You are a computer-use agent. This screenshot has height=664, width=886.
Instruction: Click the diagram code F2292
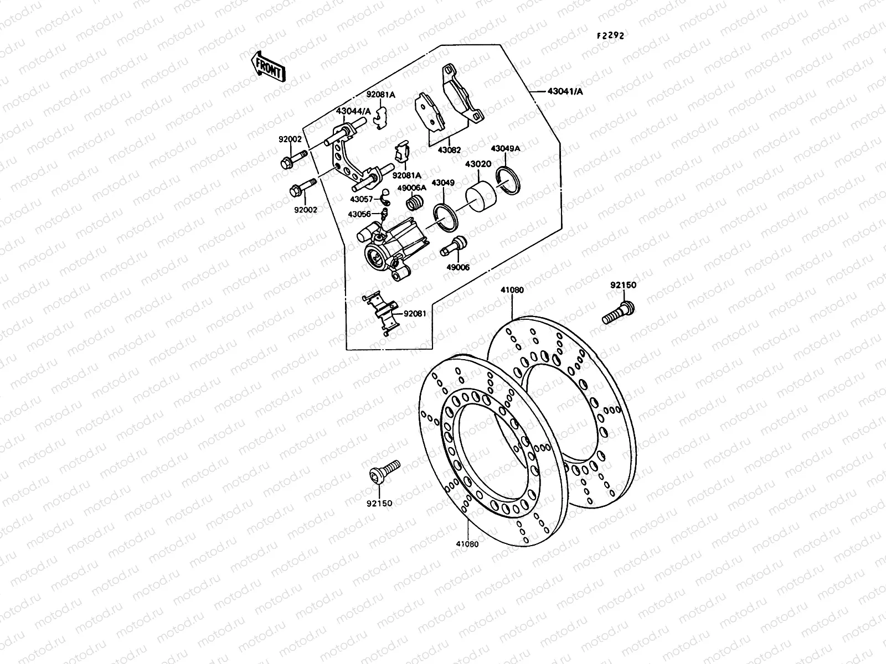[x=610, y=35]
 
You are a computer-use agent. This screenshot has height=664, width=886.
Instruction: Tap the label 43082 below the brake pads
[x=449, y=150]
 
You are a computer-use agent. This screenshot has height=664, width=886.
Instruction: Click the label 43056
[x=359, y=214]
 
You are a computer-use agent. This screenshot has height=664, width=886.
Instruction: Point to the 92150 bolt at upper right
[x=619, y=312]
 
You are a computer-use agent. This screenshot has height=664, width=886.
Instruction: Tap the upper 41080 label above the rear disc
[x=512, y=289]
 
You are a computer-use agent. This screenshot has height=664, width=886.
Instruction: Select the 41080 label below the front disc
[x=467, y=543]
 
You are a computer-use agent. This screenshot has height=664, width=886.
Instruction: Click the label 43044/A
[x=353, y=111]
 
